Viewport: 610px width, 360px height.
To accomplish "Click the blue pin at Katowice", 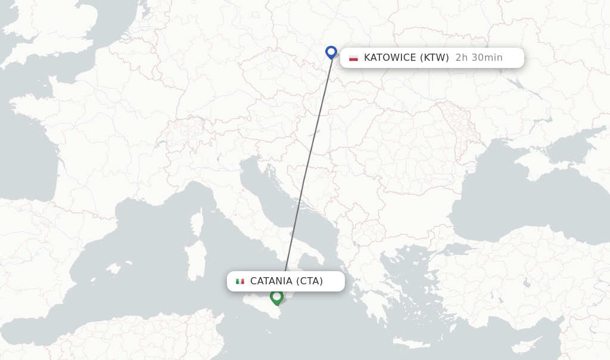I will click(x=331, y=52).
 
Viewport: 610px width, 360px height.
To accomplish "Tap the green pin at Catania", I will click(x=276, y=296).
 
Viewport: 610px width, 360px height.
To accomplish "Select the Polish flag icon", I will click(x=354, y=58).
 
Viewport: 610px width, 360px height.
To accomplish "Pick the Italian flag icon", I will click(x=240, y=281).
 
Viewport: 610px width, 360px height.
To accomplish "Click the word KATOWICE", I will click(x=390, y=58).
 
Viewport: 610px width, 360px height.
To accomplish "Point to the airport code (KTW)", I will click(x=434, y=58).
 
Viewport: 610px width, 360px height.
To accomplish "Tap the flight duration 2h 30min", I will click(x=479, y=58).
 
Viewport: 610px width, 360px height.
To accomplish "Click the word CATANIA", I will click(x=271, y=281).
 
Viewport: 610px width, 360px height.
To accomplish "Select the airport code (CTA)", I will click(x=309, y=281).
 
